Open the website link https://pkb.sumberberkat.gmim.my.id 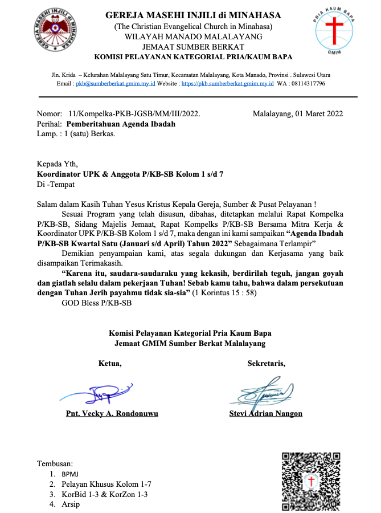227,83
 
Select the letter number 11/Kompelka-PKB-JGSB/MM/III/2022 134,113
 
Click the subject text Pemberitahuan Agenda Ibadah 121,124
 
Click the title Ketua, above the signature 110,363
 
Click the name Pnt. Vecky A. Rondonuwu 112,414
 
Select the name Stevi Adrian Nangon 266,414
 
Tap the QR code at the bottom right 311,481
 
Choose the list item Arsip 71,504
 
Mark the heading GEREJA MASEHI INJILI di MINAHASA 193,15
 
